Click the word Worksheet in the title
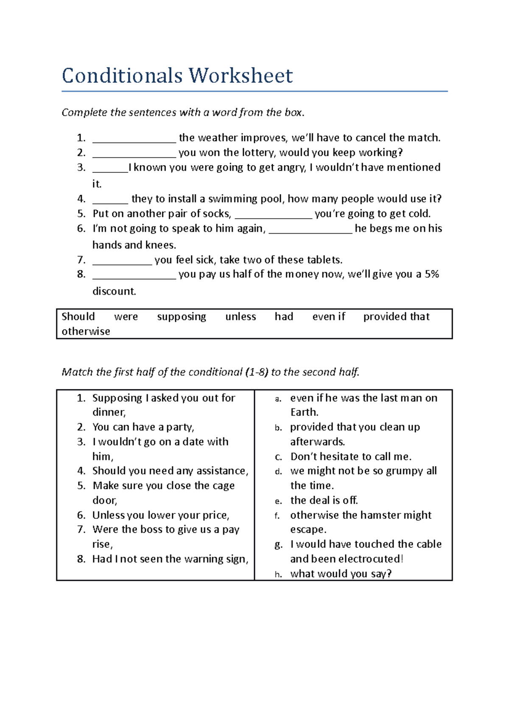pos(241,76)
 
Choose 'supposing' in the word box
pos(182,317)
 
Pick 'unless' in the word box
pos(241,317)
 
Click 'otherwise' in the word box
pos(86,332)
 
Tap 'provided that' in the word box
pos(396,317)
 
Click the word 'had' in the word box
pos(284,317)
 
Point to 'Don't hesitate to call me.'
pos(350,457)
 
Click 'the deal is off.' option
pos(324,501)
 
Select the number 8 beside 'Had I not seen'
pos(81,559)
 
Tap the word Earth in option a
pos(304,412)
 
